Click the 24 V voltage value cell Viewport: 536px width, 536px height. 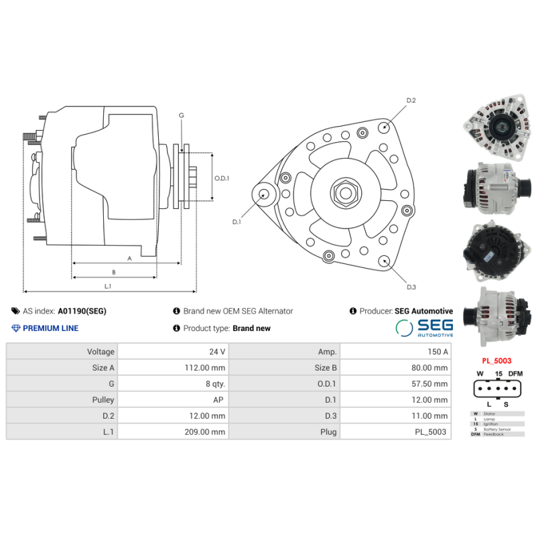click(x=216, y=352)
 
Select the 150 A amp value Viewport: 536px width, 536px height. click(x=437, y=352)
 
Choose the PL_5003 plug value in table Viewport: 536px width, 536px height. click(x=430, y=432)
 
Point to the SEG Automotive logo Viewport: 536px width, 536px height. click(x=424, y=327)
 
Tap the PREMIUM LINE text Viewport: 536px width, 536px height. click(x=50, y=328)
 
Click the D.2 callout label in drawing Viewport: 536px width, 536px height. click(x=411, y=100)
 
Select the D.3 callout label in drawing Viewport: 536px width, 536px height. click(x=411, y=287)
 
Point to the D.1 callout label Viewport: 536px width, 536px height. click(x=236, y=222)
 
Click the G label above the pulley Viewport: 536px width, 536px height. click(x=181, y=115)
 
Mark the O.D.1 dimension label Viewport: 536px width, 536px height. click(x=222, y=178)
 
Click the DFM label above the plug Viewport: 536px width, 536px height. click(x=515, y=373)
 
